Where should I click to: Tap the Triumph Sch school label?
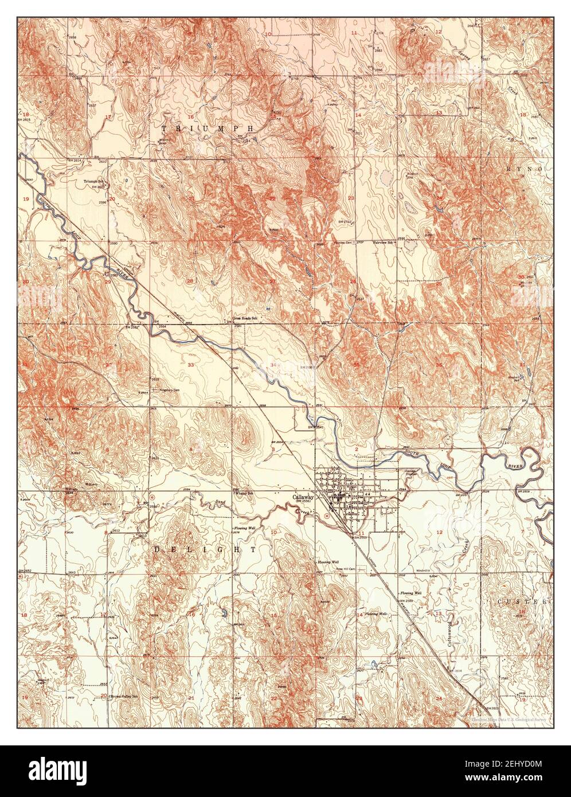[x=92, y=181]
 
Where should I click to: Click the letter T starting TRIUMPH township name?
[x=165, y=128]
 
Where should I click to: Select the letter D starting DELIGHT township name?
[x=157, y=549]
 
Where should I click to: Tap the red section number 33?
[x=190, y=364]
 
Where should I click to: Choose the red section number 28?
[x=190, y=281]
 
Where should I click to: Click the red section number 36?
[x=439, y=365]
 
